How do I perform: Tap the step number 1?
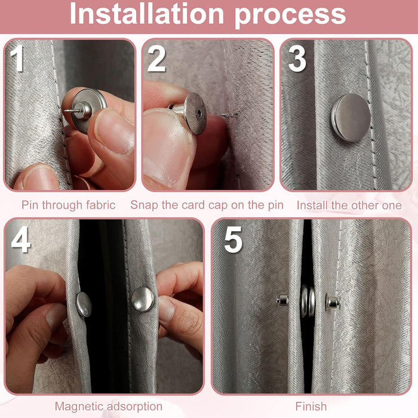pos(17,60)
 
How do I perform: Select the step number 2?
pos(156,60)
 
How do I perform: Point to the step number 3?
pos(297,60)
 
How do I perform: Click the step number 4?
pos(20,240)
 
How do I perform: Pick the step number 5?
pos(233,240)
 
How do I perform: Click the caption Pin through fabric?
pos(69,205)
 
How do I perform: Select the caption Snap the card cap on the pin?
pos(207,205)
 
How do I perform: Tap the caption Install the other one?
pos(349,205)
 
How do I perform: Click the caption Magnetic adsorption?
pos(108,407)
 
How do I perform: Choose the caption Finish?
pos(311,407)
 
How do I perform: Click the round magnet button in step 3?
pos(351,117)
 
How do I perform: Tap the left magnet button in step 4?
pos(84,305)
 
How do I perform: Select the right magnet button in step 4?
pos(142,299)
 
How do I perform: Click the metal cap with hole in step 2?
pos(194,113)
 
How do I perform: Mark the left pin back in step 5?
pos(282,300)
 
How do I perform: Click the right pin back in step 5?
pos(333,302)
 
